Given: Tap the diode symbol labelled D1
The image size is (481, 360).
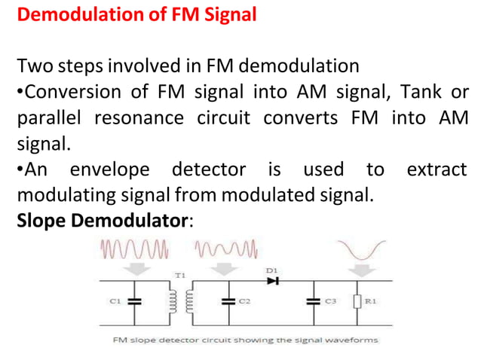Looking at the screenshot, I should pos(272,280).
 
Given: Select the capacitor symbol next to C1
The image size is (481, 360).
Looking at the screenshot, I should pos(135,301).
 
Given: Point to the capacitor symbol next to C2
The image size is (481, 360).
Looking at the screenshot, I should pos(225,301).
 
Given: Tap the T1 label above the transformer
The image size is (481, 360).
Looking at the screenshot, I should pos(179,276).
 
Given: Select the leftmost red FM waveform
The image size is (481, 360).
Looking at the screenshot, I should pos(134,248).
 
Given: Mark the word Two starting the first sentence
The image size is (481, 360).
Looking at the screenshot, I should pos(32,67).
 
